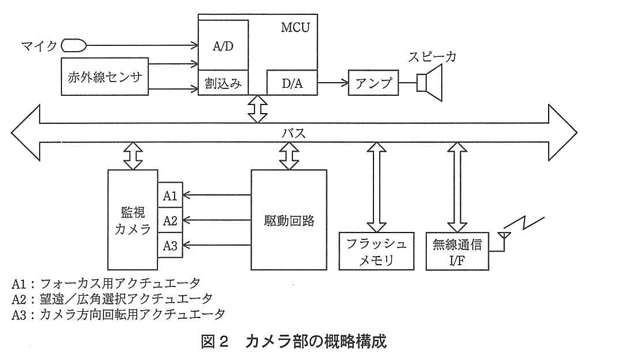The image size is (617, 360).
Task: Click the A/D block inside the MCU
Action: pos(223,45)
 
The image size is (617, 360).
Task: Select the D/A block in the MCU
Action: pos(292,83)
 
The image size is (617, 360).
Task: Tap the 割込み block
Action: pos(223,83)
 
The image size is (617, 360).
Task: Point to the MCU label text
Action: pos(295,27)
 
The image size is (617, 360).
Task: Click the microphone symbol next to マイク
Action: pos(74,45)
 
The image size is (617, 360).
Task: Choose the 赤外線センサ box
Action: pos(105,77)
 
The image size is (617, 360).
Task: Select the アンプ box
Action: pos(373,83)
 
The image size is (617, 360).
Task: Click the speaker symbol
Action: pos(430,83)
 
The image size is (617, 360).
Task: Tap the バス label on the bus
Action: pos(294,133)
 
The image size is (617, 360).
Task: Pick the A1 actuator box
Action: pos(171,195)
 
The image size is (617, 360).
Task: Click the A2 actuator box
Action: pos(171,220)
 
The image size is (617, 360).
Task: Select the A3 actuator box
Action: pos(171,245)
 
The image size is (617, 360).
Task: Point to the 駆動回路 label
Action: pos(289,220)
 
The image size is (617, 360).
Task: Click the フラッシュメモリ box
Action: pos(376,251)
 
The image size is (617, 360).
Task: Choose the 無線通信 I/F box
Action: pos(457,251)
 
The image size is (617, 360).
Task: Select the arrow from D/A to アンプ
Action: pos(333,83)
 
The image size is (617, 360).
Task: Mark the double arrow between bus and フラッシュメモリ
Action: pos(376,187)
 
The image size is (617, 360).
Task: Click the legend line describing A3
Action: pos(118,314)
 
